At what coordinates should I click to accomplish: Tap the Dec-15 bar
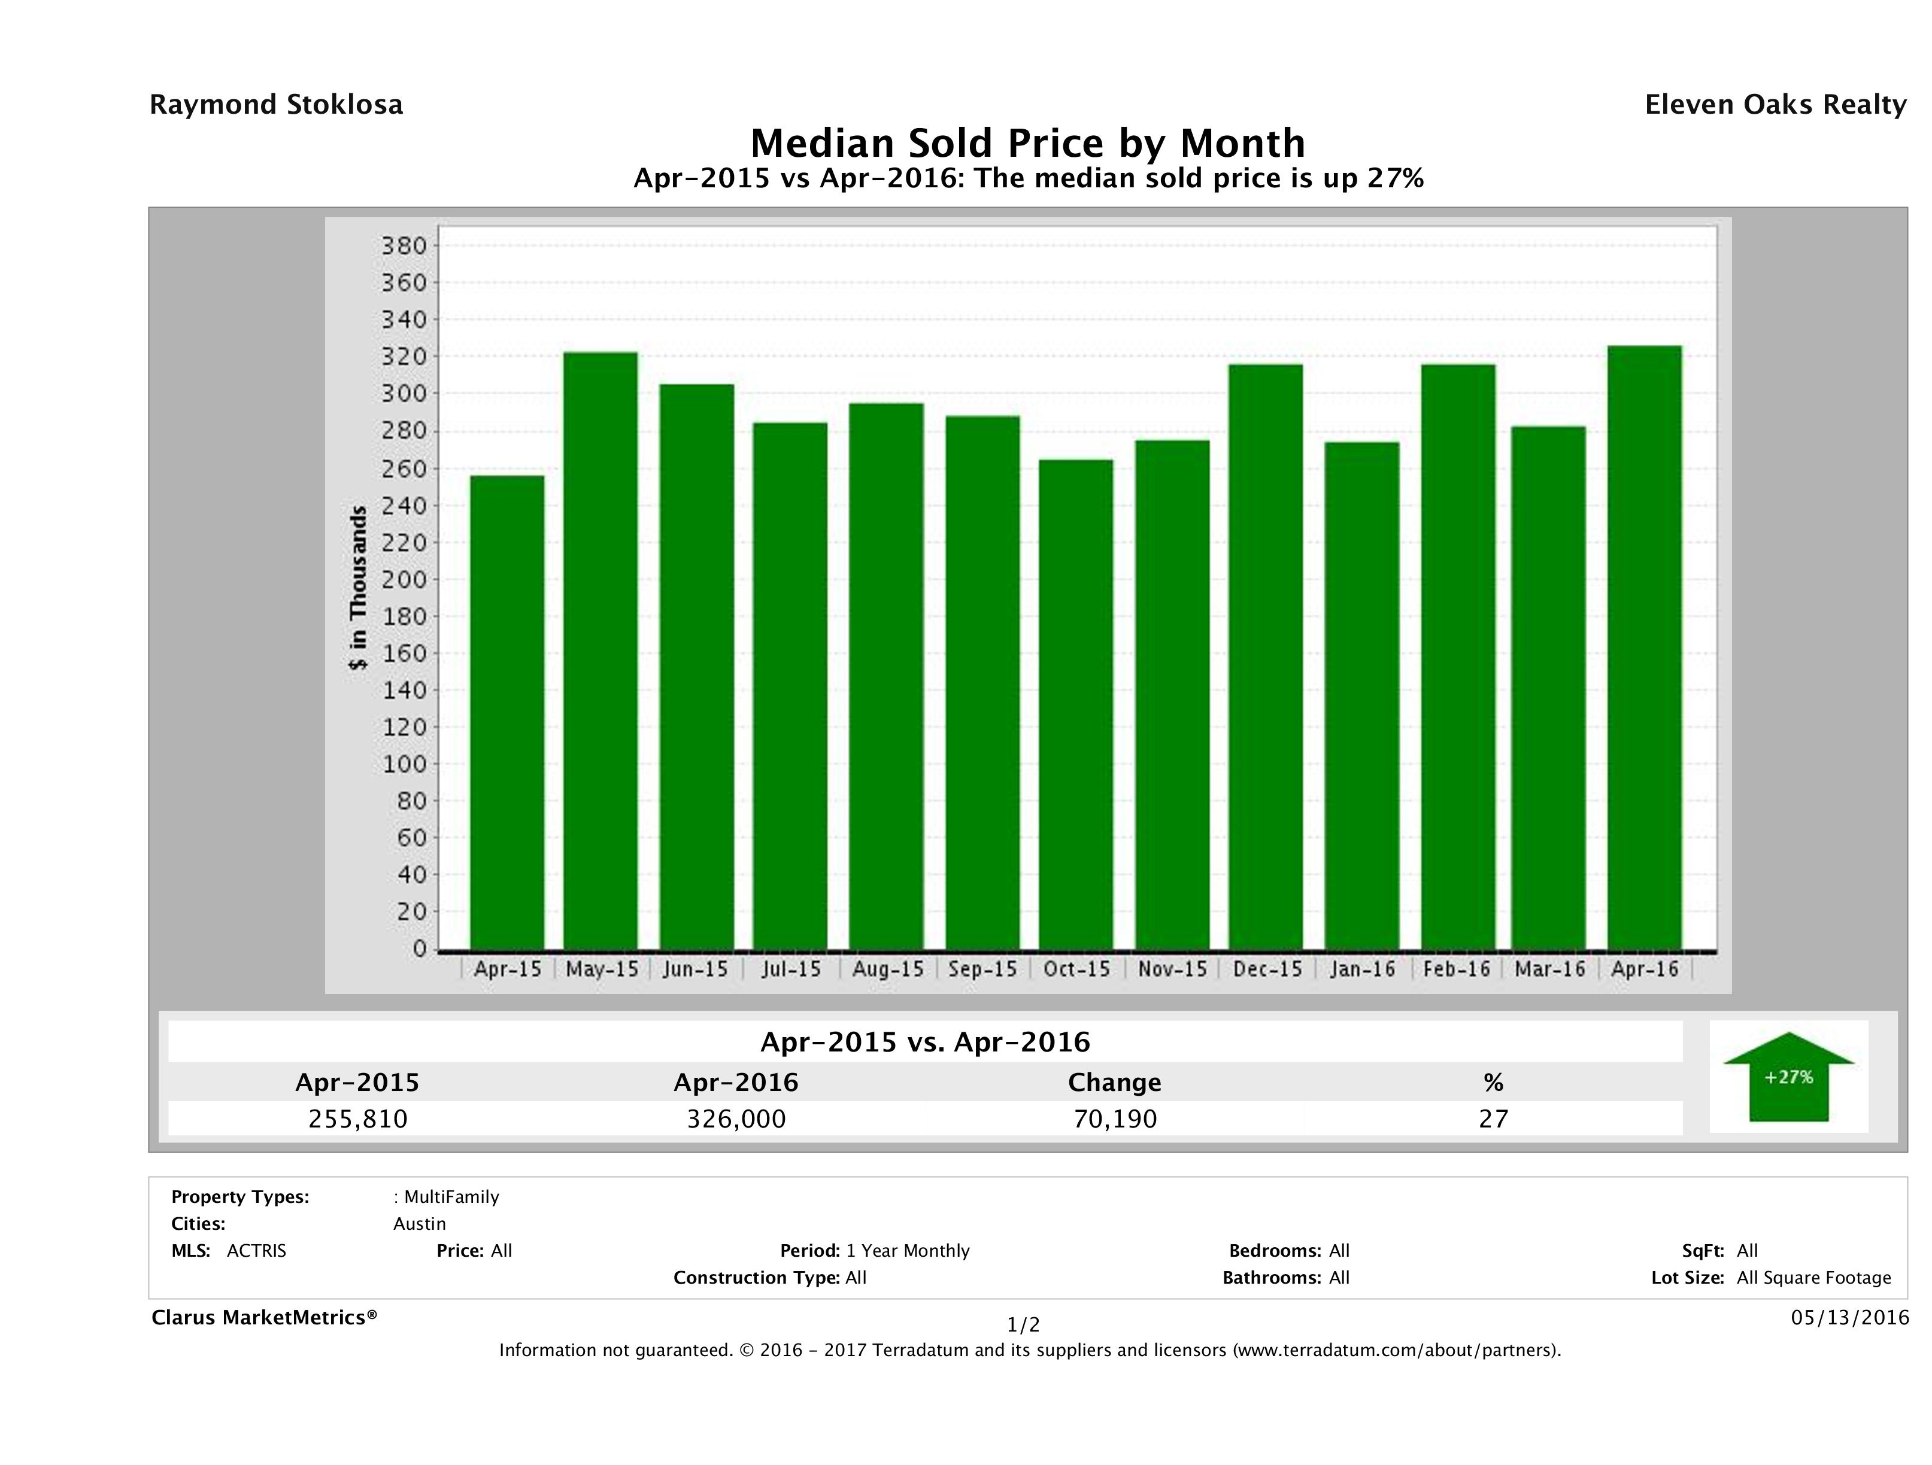(x=1266, y=656)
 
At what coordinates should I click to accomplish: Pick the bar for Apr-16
(x=1644, y=647)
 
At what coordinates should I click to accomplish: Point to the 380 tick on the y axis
(x=404, y=246)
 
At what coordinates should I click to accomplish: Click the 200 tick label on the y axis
(x=404, y=580)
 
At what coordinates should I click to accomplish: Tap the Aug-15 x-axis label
(x=887, y=969)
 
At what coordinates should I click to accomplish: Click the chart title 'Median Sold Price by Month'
(x=1027, y=143)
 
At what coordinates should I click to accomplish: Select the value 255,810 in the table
(x=358, y=1118)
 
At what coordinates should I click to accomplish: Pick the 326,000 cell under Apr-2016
(x=736, y=1118)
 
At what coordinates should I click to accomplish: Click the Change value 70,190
(x=1115, y=1118)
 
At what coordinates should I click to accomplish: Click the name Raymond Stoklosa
(x=276, y=105)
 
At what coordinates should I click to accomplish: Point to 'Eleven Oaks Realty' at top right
(x=1775, y=105)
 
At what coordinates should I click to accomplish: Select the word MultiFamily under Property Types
(x=451, y=1197)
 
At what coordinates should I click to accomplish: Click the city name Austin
(x=419, y=1224)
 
